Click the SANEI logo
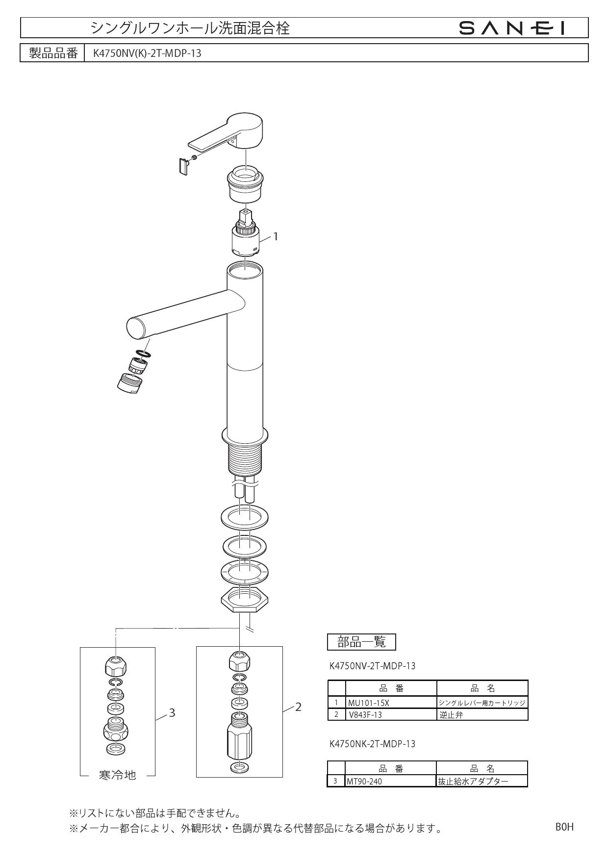(511, 28)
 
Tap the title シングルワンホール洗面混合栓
(190, 28)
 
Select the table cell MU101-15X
(368, 703)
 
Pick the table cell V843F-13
(365, 714)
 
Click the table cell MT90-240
(364, 781)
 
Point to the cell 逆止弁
(451, 714)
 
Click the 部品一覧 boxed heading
(361, 641)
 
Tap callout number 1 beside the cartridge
(276, 236)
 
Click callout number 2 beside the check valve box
(298, 707)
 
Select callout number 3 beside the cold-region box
(172, 712)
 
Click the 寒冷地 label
(117, 775)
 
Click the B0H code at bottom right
(564, 827)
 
